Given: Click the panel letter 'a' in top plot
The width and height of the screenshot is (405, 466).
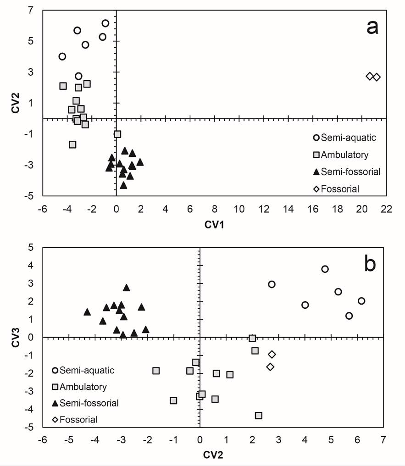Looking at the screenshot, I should tap(372, 28).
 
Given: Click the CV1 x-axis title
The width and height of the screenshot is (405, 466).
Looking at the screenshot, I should tap(214, 225).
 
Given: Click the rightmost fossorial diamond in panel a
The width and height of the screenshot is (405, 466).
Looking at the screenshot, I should tap(377, 77).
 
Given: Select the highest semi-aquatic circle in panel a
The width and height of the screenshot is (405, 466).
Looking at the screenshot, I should tap(105, 23).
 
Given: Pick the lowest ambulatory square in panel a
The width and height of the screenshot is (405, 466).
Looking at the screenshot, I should tap(72, 144).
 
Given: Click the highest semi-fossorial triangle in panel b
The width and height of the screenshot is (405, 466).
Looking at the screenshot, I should tap(127, 288).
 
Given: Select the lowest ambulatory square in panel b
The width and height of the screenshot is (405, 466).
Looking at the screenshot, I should tap(259, 415).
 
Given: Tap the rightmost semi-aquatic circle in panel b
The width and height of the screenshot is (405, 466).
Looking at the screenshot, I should tap(361, 301).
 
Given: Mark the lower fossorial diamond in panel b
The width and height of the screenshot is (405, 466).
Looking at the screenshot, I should tap(271, 366).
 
